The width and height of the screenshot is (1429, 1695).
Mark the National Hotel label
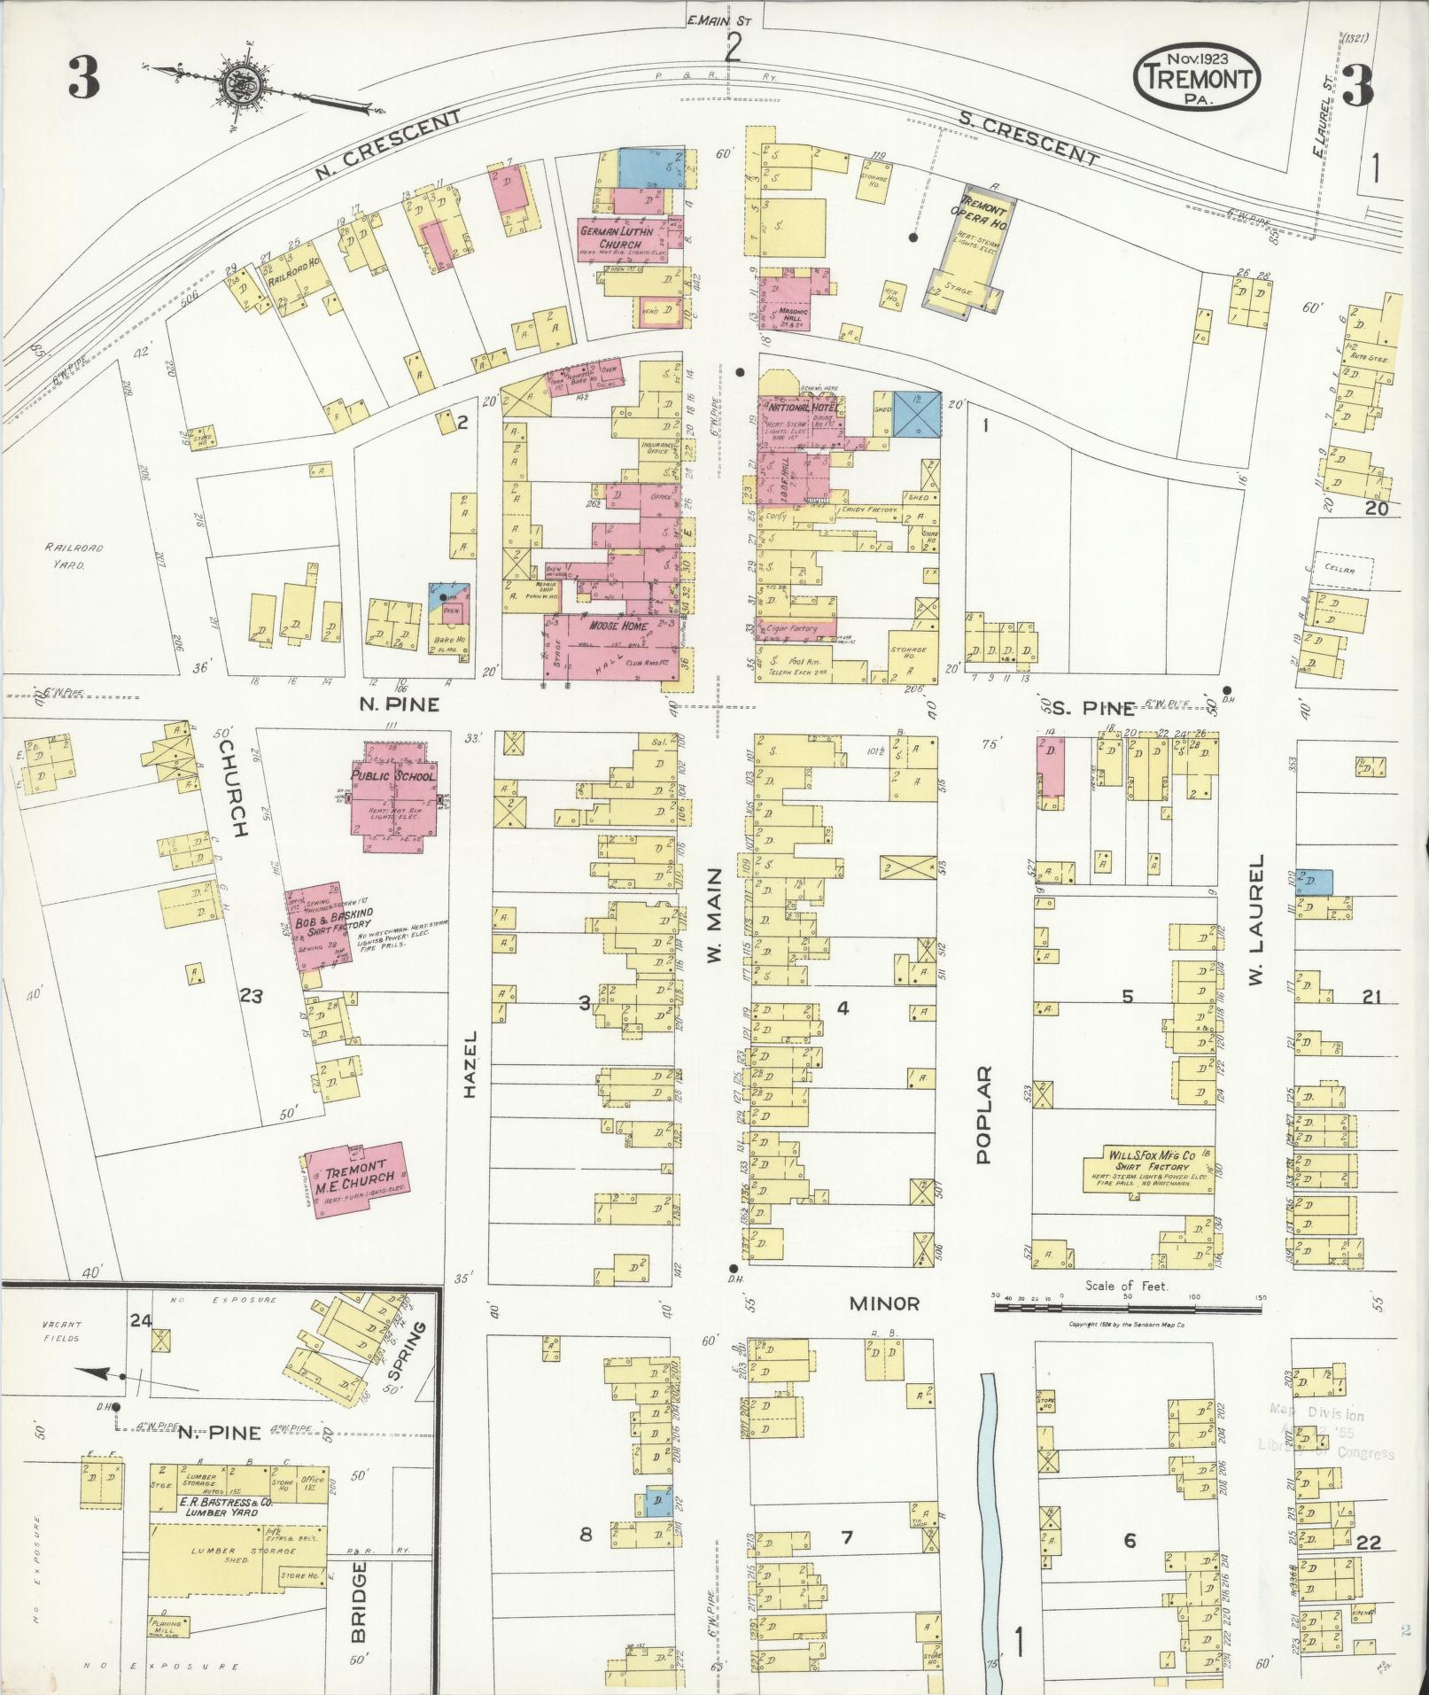coord(796,408)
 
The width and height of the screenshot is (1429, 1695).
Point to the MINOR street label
coord(883,1303)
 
